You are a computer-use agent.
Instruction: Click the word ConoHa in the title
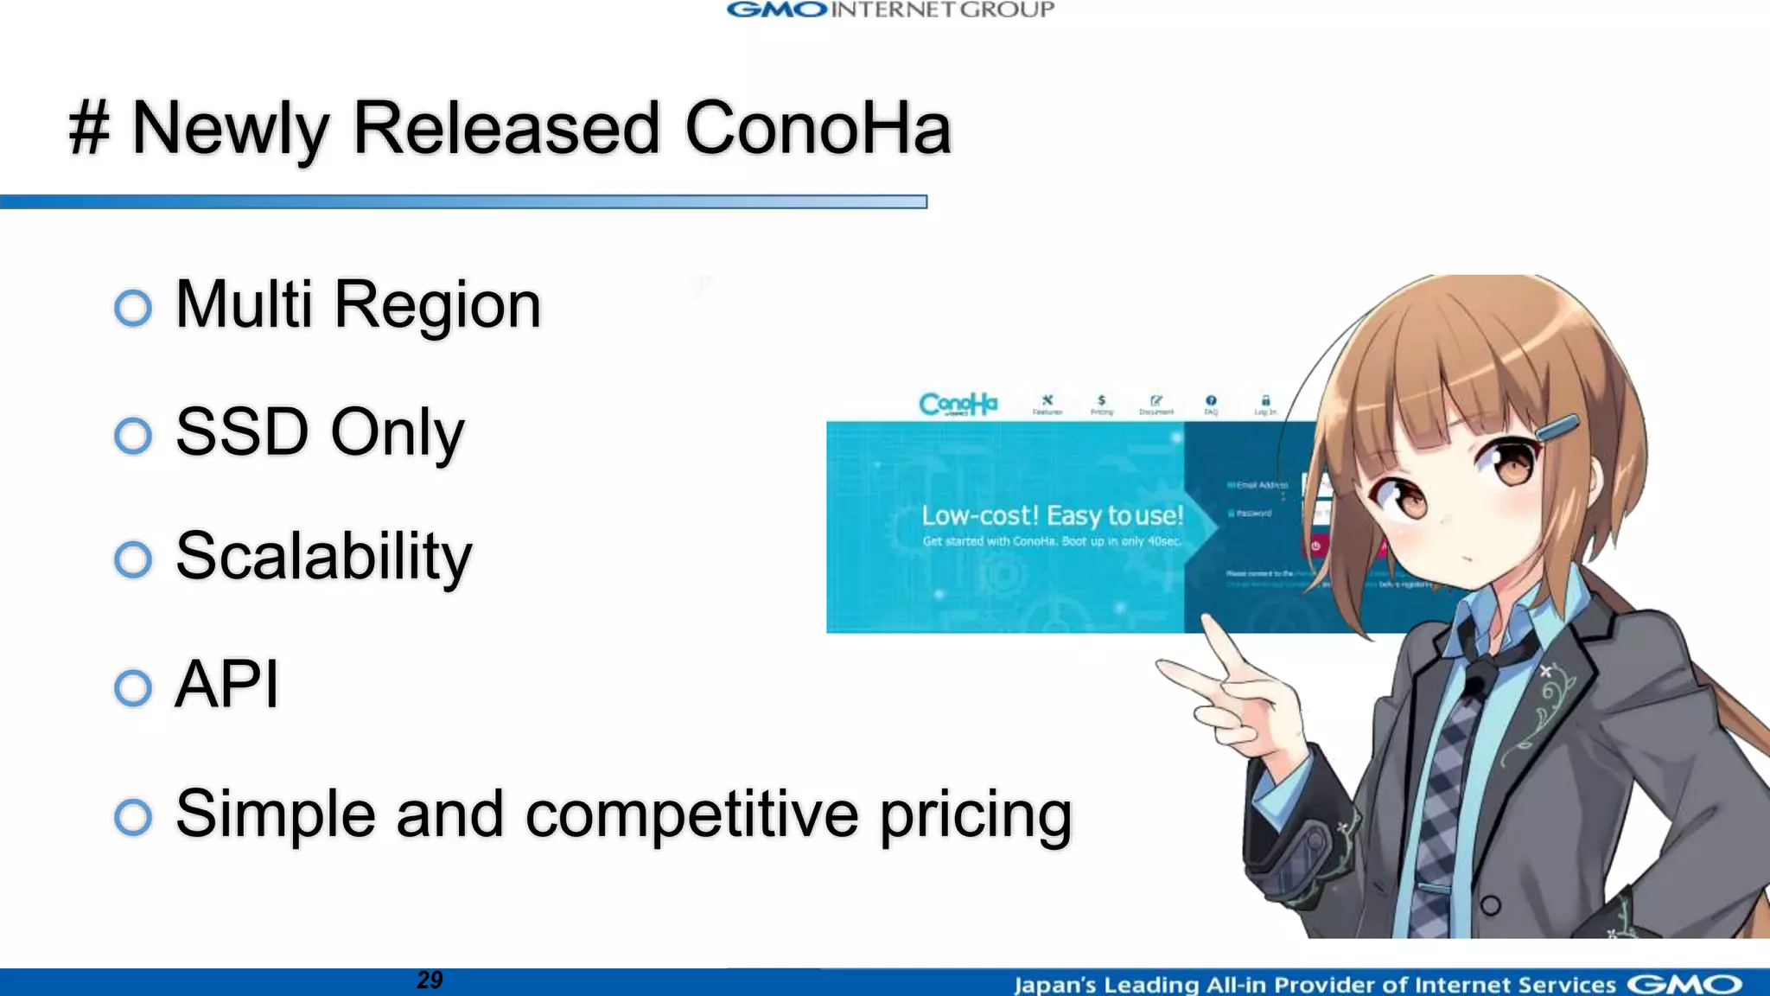pyautogui.click(x=818, y=129)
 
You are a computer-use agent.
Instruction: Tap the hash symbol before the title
pyautogui.click(x=90, y=129)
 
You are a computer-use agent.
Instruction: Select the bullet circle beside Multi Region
pyautogui.click(x=133, y=308)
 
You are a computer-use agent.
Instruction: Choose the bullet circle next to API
pyautogui.click(x=133, y=688)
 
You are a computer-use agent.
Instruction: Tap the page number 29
pyautogui.click(x=430, y=980)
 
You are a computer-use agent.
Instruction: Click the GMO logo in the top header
pyautogui.click(x=777, y=10)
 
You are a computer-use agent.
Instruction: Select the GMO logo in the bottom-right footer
pyautogui.click(x=1684, y=985)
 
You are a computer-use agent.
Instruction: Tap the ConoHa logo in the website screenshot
pyautogui.click(x=958, y=404)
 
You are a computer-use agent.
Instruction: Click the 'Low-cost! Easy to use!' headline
pyautogui.click(x=1052, y=516)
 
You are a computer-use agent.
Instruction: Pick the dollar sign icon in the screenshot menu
pyautogui.click(x=1101, y=400)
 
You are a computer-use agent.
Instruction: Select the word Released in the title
pyautogui.click(x=506, y=129)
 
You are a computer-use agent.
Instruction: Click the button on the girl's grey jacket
pyautogui.click(x=1490, y=905)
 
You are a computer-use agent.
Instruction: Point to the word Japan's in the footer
pyautogui.click(x=1054, y=985)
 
